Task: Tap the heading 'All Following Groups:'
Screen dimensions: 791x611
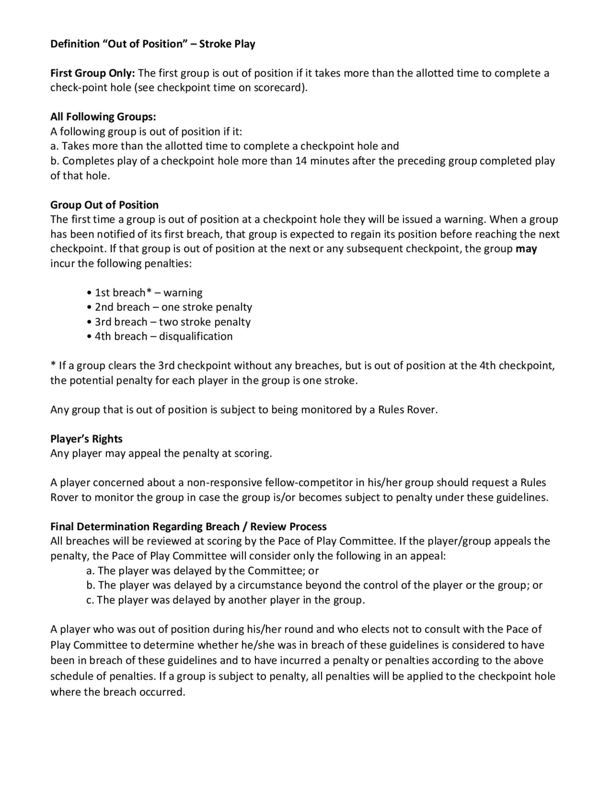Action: pos(103,117)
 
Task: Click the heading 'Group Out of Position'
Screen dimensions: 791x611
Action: pos(104,205)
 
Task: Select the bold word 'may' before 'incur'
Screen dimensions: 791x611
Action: pos(526,249)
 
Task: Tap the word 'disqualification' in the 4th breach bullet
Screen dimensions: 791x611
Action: pos(196,337)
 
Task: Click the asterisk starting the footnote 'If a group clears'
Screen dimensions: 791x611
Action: pos(53,365)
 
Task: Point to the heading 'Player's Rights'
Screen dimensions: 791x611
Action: pos(86,439)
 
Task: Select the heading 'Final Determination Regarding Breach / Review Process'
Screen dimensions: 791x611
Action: pos(188,526)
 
